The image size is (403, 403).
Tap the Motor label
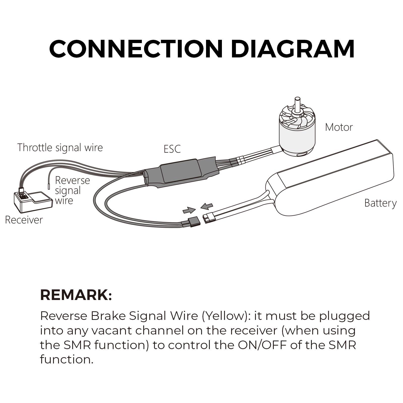(x=339, y=127)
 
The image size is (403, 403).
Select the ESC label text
(x=172, y=149)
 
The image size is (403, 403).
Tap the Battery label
(x=380, y=203)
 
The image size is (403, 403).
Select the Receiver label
(x=24, y=220)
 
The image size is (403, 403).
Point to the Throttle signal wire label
(x=60, y=148)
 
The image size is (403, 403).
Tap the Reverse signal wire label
(x=72, y=190)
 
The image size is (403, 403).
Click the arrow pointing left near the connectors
(x=207, y=206)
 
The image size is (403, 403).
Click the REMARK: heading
(x=76, y=295)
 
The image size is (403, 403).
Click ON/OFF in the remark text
(x=262, y=345)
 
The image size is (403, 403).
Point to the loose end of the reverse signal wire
(x=49, y=187)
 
